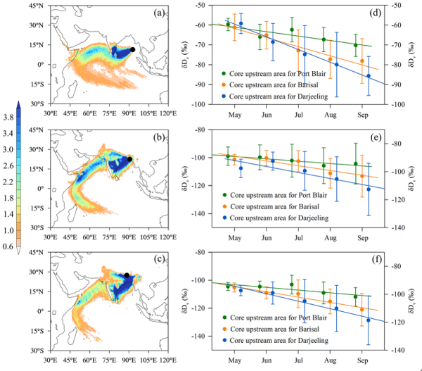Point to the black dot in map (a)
[x=133, y=50]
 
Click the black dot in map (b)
[x=130, y=159]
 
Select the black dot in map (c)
[x=127, y=275]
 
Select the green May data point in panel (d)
[x=228, y=25]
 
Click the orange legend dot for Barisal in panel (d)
[x=224, y=84]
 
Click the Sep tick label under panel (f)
[x=364, y=358]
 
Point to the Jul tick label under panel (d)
[x=299, y=114]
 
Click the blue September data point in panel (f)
[x=369, y=320]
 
